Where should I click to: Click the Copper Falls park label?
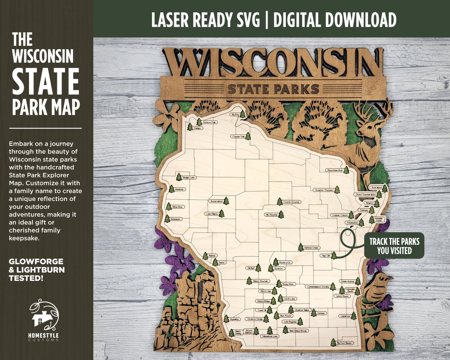238,136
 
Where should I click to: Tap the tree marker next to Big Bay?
242,114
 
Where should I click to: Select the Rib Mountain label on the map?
271,215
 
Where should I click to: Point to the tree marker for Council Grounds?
280,202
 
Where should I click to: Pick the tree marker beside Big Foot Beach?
333,342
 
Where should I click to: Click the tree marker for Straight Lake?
179,177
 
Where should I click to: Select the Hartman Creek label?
314,247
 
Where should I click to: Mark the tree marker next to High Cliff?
334,255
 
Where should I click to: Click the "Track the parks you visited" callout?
394,246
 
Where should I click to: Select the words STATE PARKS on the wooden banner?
273,89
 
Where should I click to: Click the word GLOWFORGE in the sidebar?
36,262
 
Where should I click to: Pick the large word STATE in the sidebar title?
45,82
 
